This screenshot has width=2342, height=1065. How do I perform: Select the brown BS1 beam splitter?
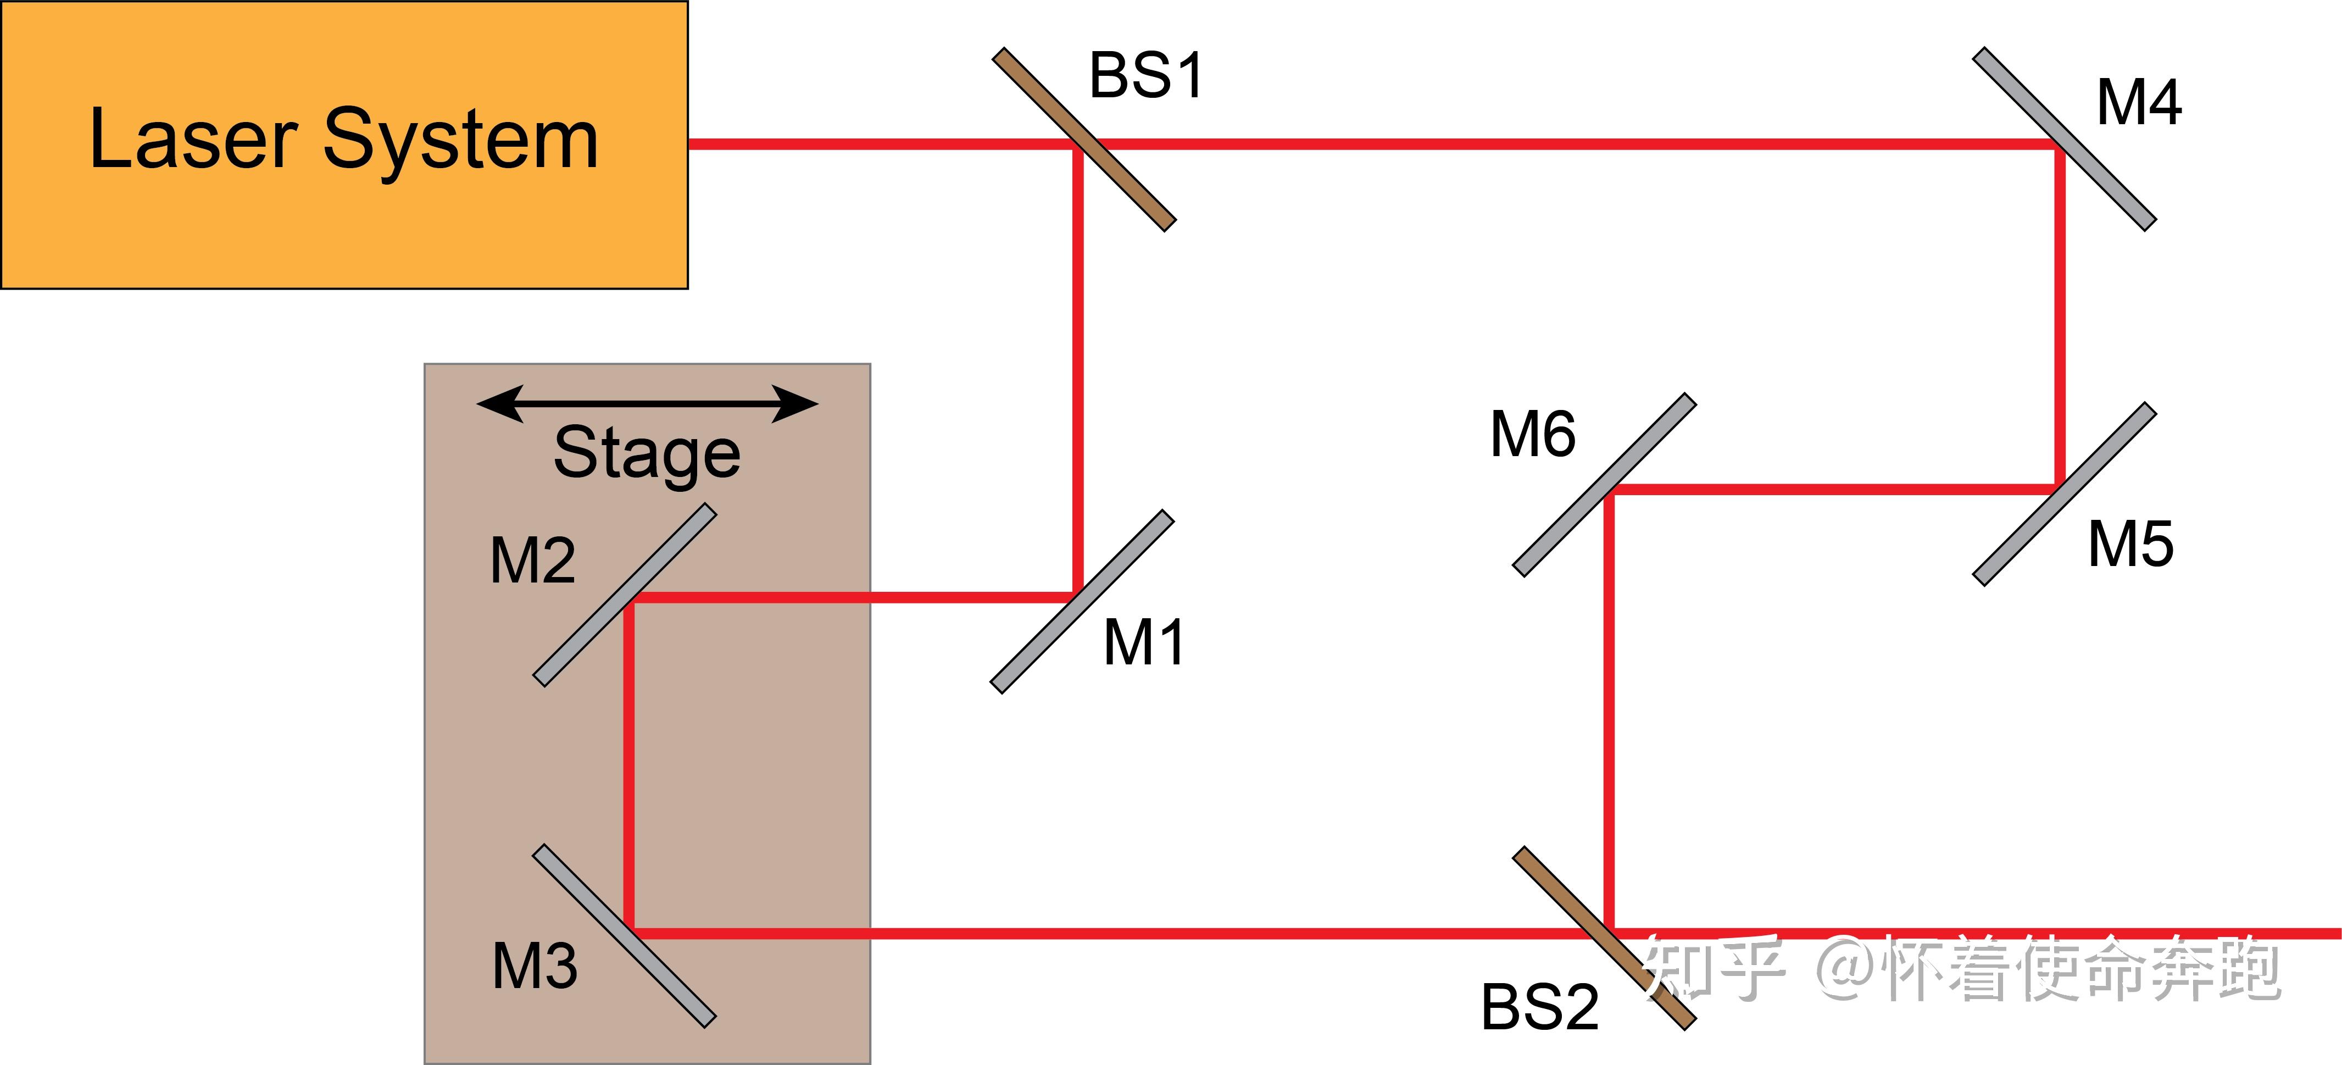coord(1084,140)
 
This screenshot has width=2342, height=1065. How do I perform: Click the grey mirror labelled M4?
coord(2064,139)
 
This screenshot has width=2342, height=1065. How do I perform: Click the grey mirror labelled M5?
coord(2064,494)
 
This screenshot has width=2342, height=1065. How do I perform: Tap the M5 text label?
coord(2131,544)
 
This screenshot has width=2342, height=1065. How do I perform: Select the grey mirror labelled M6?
coord(1604,485)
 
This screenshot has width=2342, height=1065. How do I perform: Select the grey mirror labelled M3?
coord(625,936)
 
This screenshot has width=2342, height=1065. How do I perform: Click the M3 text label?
coord(535,966)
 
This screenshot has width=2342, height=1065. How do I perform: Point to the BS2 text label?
coord(1540,1007)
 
